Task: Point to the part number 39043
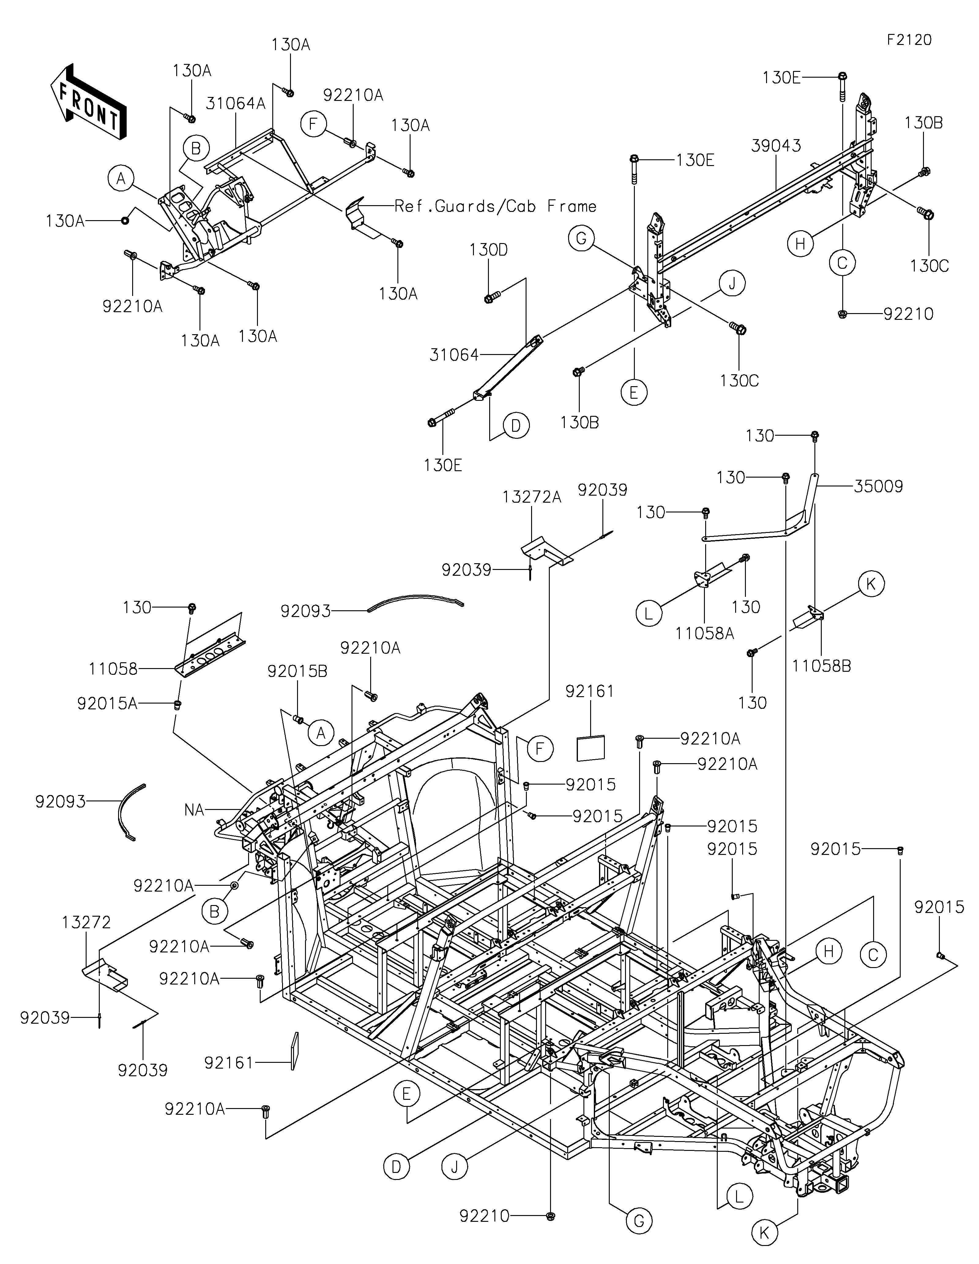click(776, 146)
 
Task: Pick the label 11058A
click(705, 634)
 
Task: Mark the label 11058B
click(821, 666)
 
